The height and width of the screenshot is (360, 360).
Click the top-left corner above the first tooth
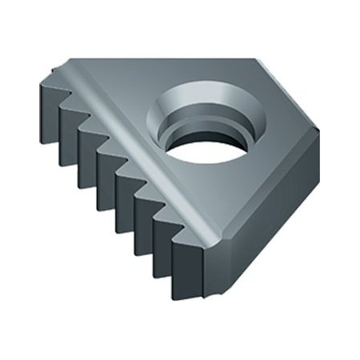[x=52, y=70]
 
